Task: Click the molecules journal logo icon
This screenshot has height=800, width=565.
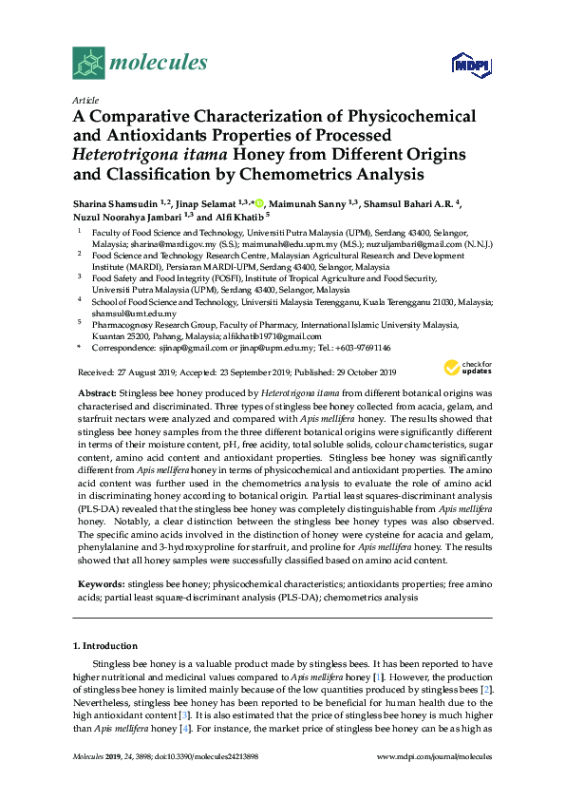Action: (x=88, y=63)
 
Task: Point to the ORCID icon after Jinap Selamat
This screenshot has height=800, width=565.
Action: (x=259, y=203)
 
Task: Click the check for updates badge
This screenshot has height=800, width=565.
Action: (x=466, y=369)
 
